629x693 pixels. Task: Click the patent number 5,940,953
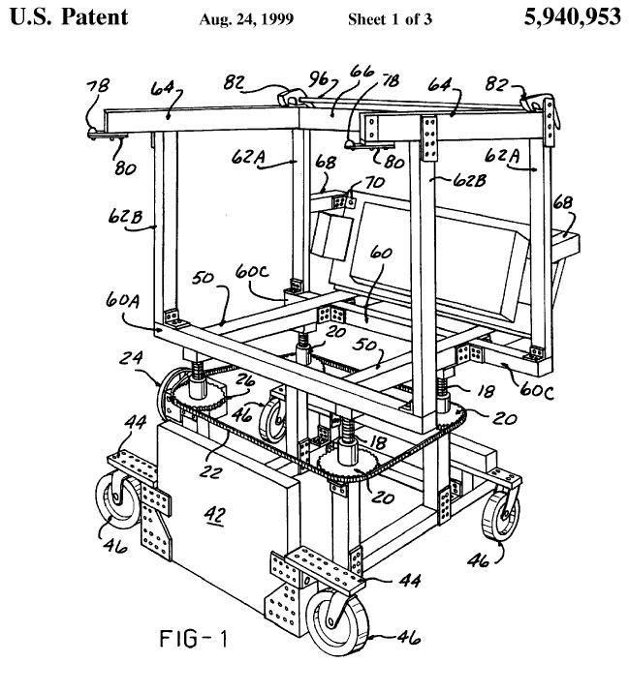tap(572, 17)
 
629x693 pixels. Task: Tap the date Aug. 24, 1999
tap(246, 19)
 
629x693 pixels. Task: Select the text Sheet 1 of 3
tap(390, 19)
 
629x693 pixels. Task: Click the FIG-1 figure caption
tap(194, 639)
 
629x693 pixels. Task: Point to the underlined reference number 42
tap(215, 515)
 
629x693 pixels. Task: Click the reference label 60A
tap(122, 301)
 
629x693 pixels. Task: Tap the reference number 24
tap(131, 357)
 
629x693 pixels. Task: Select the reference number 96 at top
tap(318, 79)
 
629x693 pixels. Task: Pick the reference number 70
tap(374, 182)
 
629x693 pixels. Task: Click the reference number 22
tap(210, 471)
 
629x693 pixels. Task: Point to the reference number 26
tap(244, 380)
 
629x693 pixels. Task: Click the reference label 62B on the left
tap(125, 217)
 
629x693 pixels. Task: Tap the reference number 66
tap(362, 72)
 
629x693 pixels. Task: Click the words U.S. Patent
tap(69, 17)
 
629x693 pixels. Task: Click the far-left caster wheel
tap(118, 499)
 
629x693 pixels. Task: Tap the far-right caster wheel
tap(501, 515)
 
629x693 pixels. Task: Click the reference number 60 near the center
tap(381, 254)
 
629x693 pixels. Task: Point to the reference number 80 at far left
tap(126, 168)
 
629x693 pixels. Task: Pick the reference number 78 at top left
tap(98, 86)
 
